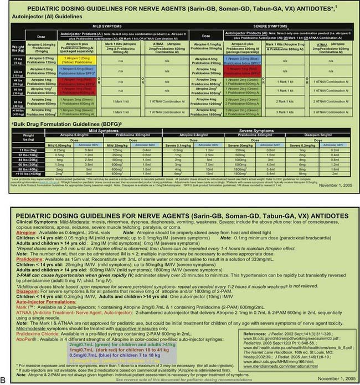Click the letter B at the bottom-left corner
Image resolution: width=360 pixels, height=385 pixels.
tap(4, 378)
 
